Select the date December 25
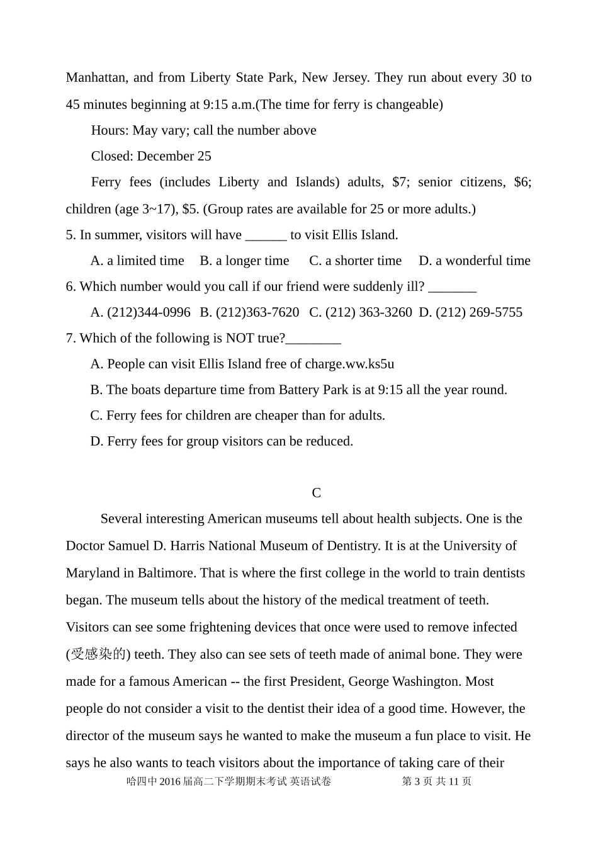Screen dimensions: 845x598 (x=174, y=156)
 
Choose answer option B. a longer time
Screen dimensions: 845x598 (x=244, y=261)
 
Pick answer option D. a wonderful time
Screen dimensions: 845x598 (x=475, y=261)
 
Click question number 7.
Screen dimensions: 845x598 (x=71, y=338)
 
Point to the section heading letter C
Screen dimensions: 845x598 (x=317, y=493)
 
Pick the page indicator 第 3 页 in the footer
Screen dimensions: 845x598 (x=417, y=781)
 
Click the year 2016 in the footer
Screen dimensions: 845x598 (x=171, y=781)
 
